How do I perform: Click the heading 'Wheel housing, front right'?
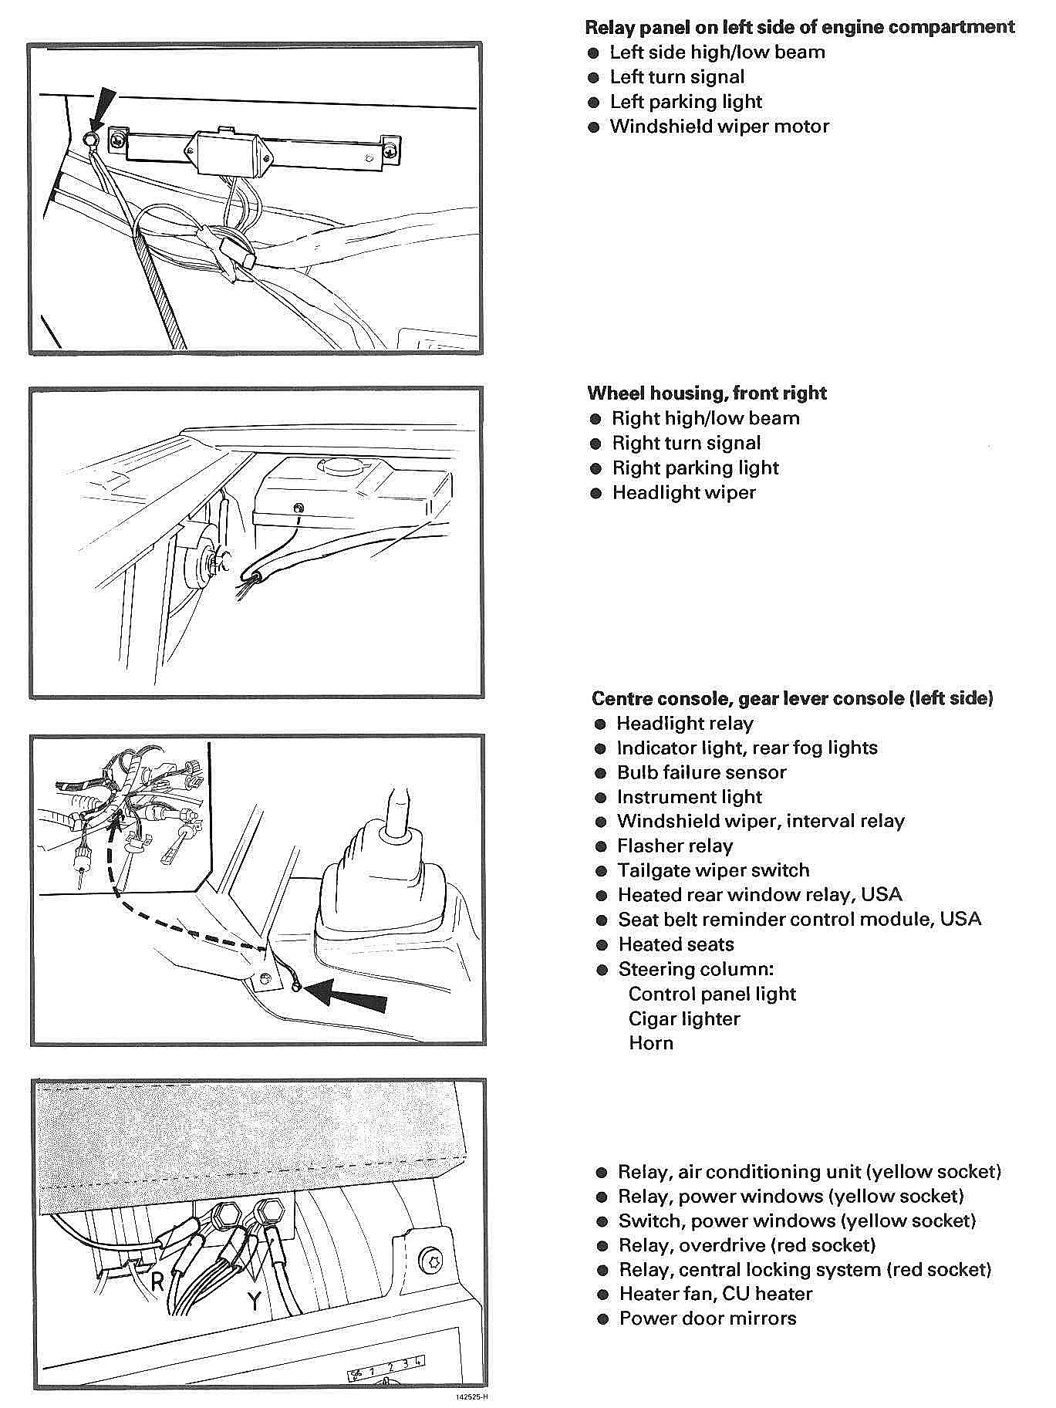coord(707,393)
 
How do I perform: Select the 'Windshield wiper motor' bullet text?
coord(719,127)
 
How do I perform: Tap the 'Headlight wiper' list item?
coord(683,493)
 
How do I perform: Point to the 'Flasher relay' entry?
coord(674,846)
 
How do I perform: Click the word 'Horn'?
coord(650,1044)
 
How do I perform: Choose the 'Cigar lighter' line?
coord(683,1019)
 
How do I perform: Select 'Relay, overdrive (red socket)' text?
coord(747,1245)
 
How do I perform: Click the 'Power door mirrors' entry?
coord(707,1319)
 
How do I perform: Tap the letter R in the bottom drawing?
coord(157,1281)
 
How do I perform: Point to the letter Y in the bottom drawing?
coord(254,1301)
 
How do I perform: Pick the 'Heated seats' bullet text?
coord(676,945)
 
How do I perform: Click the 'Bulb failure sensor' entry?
coord(701,773)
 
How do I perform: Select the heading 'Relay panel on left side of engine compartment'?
coord(799,28)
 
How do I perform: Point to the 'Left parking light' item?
coord(686,102)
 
